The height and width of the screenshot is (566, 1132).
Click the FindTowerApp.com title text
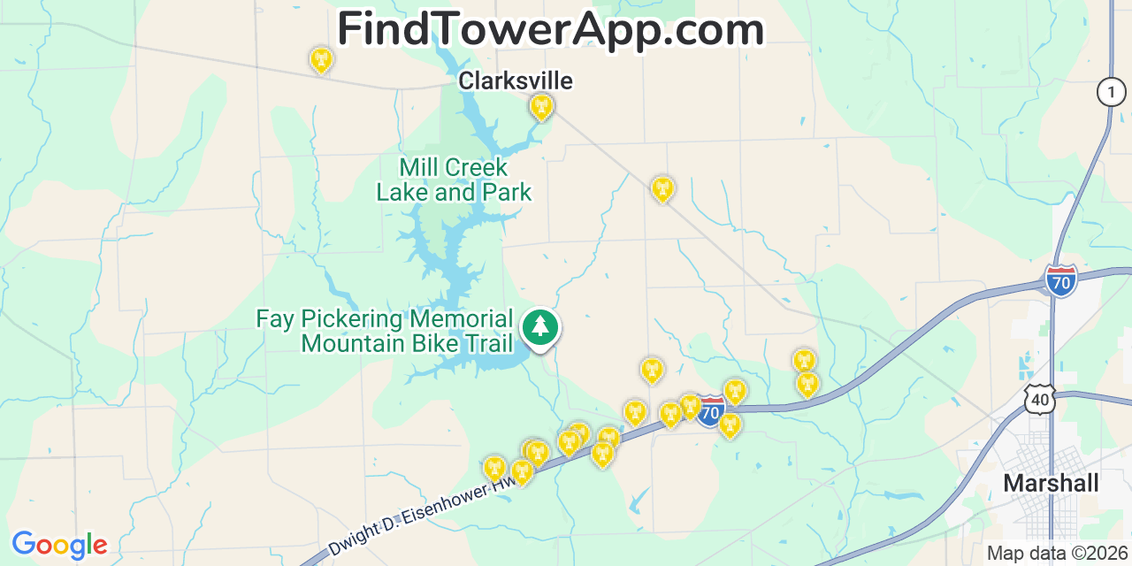(550, 29)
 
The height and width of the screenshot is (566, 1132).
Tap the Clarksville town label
(515, 81)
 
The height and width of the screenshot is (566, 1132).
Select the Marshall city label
(1051, 483)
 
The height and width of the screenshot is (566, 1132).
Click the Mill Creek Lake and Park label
(454, 180)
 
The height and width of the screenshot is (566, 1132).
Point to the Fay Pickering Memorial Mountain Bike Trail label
(385, 331)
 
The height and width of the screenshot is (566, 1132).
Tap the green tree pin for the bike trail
(539, 328)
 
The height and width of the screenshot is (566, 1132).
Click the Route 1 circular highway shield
(1111, 92)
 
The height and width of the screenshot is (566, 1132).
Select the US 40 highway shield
(1040, 399)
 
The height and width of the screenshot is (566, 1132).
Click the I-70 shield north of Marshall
(1060, 280)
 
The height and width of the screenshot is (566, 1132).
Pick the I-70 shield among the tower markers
(710, 411)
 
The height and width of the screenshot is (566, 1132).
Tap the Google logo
(58, 545)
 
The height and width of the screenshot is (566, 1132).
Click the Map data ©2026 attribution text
(1058, 554)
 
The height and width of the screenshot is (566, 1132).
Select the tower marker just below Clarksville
(541, 108)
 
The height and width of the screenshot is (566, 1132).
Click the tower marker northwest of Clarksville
(320, 59)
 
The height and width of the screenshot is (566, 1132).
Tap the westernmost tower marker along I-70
(493, 467)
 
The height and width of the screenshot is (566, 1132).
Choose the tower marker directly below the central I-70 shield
(729, 425)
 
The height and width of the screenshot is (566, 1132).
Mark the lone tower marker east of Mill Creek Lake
(662, 188)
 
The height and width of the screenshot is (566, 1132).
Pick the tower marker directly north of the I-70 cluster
(651, 370)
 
